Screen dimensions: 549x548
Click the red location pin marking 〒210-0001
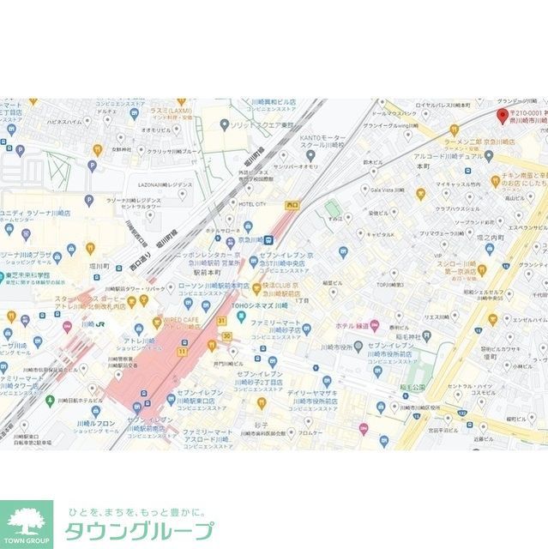pos(503,115)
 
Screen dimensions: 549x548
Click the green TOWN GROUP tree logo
pos(26,522)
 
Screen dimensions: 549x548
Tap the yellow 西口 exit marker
pos(292,205)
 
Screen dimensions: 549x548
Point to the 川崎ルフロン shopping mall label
pos(96,423)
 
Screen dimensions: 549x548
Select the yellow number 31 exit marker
pos(220,321)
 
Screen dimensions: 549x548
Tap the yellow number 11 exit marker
pos(183,352)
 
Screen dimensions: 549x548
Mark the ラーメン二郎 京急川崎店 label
pos(484,141)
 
